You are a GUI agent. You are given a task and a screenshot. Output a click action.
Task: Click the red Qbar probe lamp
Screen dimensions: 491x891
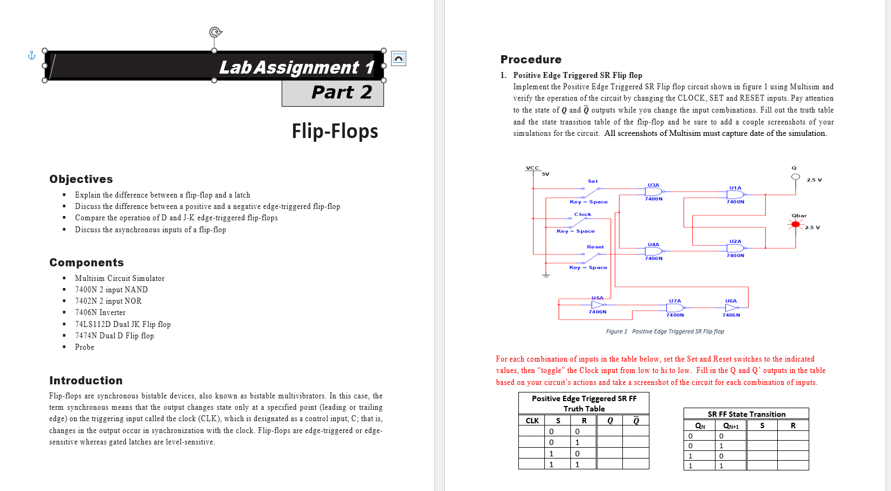click(795, 224)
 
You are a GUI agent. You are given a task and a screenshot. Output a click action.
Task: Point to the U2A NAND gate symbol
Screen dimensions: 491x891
click(735, 248)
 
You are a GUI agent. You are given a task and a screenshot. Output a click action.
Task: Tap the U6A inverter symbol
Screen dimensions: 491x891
click(731, 307)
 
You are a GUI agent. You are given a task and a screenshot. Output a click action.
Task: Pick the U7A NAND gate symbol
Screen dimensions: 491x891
click(675, 307)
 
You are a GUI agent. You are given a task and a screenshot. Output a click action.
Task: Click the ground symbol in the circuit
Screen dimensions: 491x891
click(546, 276)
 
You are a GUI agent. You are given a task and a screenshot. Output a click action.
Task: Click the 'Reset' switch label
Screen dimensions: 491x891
click(595, 247)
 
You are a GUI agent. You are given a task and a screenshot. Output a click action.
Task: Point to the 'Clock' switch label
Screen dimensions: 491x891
click(583, 214)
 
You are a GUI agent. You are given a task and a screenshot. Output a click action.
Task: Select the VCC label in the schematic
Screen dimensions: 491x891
click(532, 168)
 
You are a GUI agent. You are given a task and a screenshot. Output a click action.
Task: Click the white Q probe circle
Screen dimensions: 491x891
click(795, 176)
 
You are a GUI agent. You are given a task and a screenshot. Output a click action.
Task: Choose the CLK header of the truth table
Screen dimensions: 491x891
click(532, 421)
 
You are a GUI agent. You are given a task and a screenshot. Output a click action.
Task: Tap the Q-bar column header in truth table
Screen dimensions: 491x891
click(636, 421)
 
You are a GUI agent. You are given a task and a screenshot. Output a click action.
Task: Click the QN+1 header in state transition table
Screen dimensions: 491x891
click(731, 426)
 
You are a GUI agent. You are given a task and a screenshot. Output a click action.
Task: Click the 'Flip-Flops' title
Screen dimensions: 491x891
click(335, 131)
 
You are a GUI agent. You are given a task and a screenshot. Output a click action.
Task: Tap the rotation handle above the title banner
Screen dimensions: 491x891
click(214, 32)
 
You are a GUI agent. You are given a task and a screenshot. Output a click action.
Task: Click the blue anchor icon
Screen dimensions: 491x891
click(31, 55)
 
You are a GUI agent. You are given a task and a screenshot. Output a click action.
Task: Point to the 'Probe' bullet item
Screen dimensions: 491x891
click(84, 347)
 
